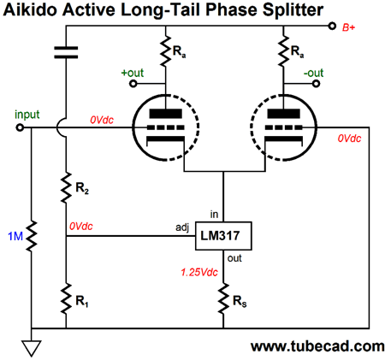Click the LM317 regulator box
click(223, 236)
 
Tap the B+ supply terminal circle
click(332, 27)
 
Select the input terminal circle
click(20, 127)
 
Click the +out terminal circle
click(133, 84)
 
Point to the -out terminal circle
click(316, 84)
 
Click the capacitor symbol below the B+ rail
click(66, 52)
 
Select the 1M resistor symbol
click(32, 236)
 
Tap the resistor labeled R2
click(66, 187)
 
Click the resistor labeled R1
click(66, 298)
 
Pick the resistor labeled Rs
click(223, 298)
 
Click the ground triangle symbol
click(32, 348)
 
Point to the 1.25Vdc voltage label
click(199, 272)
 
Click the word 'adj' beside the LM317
click(182, 227)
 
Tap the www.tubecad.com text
click(317, 346)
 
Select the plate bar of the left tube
click(166, 114)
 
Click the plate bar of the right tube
click(283, 114)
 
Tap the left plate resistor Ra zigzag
click(166, 51)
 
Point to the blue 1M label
click(15, 236)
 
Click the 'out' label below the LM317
click(234, 258)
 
